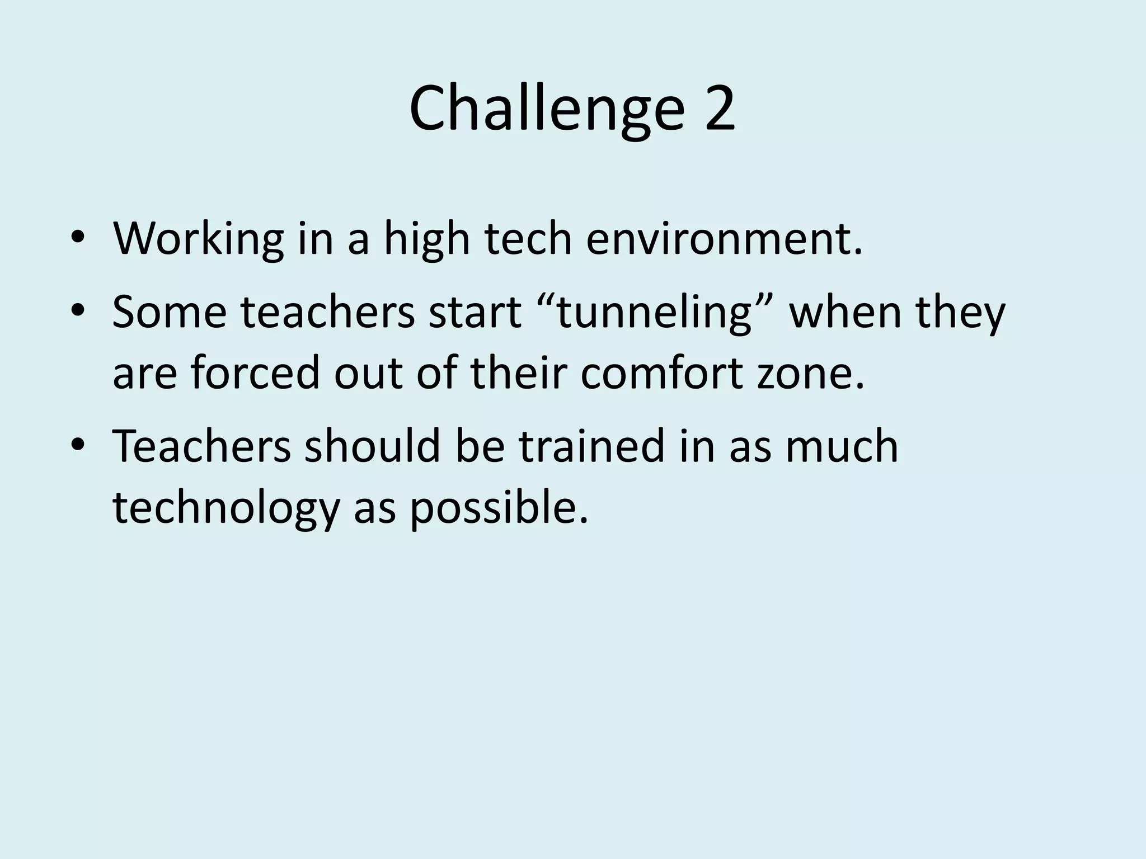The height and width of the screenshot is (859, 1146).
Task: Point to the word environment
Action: point(724,239)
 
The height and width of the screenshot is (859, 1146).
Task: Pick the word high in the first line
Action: point(426,239)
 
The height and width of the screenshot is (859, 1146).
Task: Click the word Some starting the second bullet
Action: point(170,312)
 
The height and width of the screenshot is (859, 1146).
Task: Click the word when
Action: point(845,312)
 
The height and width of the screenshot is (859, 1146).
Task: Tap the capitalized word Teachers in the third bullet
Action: point(202,446)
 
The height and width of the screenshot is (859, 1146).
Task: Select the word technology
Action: point(226,508)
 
